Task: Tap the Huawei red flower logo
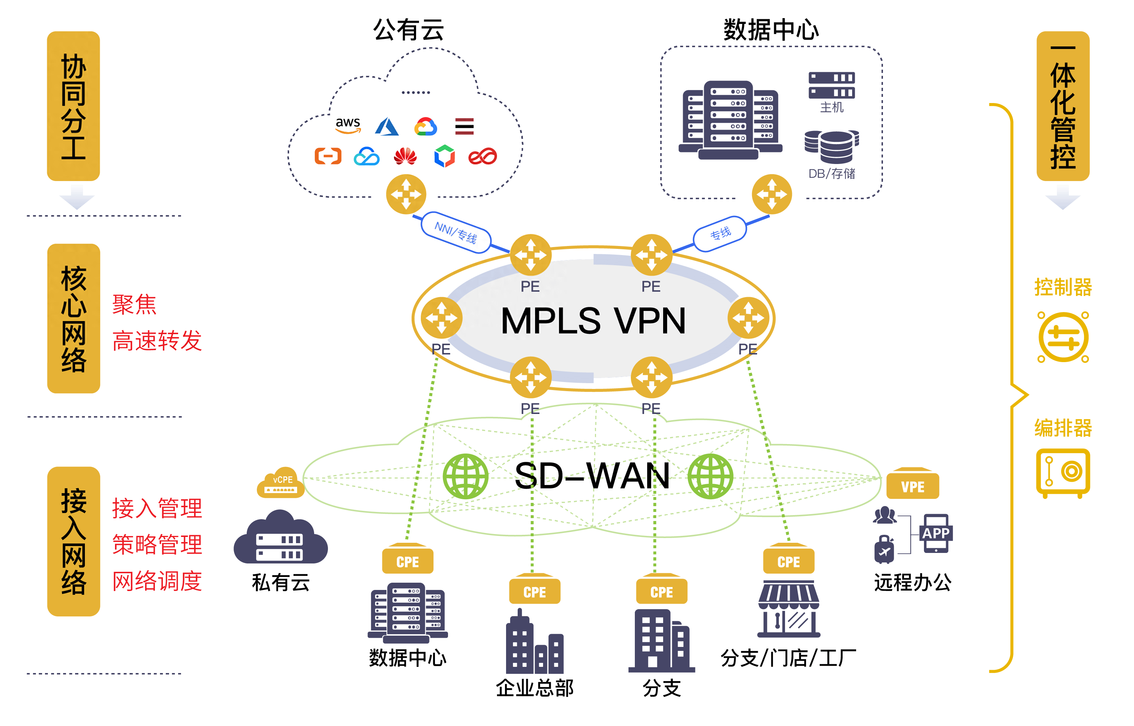point(405,156)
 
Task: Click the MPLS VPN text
point(593,321)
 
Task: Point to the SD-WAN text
point(592,476)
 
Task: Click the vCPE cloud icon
point(281,483)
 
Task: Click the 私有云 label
point(280,583)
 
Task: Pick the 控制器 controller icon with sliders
point(1063,337)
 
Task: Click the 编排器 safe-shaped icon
point(1063,472)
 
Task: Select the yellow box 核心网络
point(74,319)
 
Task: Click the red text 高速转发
point(157,340)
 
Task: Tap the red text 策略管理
point(157,545)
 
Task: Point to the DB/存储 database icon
point(831,147)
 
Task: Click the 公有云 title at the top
point(408,30)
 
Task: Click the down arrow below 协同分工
point(77,197)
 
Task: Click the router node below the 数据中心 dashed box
point(772,194)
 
